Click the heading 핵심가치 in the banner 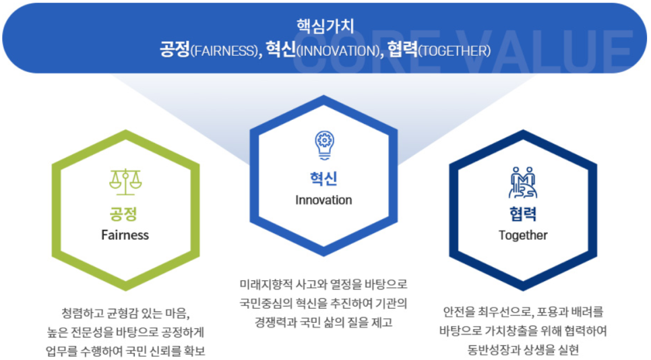(x=325, y=26)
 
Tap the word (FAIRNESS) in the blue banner (x=224, y=51)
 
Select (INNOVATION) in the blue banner (x=338, y=51)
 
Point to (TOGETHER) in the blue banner (x=454, y=51)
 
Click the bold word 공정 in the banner (x=175, y=50)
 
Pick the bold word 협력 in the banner (x=402, y=50)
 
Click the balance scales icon (x=125, y=182)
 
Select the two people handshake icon (x=523, y=182)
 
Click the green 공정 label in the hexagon (x=123, y=214)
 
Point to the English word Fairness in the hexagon (x=125, y=235)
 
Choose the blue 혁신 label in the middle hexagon (x=323, y=179)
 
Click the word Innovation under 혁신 (x=323, y=200)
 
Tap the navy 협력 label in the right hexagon (x=523, y=214)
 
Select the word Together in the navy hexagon (x=523, y=235)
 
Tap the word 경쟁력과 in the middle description (x=275, y=322)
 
